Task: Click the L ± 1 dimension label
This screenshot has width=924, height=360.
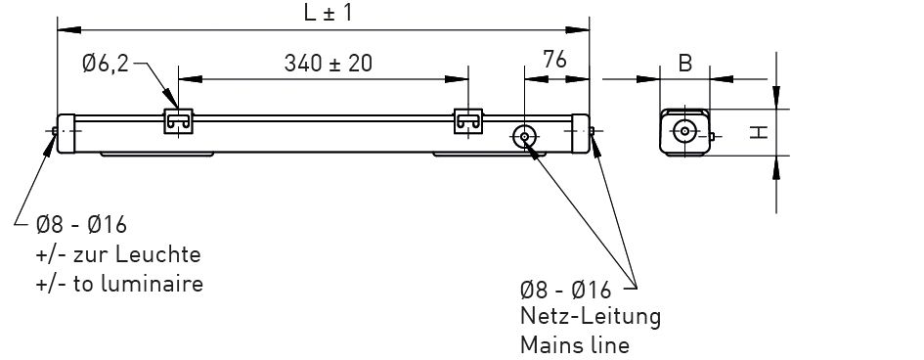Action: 328,13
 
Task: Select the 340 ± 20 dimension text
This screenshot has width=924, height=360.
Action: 329,63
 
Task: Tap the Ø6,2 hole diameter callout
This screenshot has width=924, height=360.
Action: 106,63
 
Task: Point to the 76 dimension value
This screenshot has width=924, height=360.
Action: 554,60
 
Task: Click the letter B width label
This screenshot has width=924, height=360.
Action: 684,64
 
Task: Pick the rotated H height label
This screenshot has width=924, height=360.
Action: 760,133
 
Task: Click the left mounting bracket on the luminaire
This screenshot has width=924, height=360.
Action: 179,121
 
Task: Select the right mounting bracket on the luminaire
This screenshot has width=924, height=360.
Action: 468,121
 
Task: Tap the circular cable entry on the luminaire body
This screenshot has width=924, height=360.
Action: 524,137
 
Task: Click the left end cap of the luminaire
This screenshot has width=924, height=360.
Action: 66,134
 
